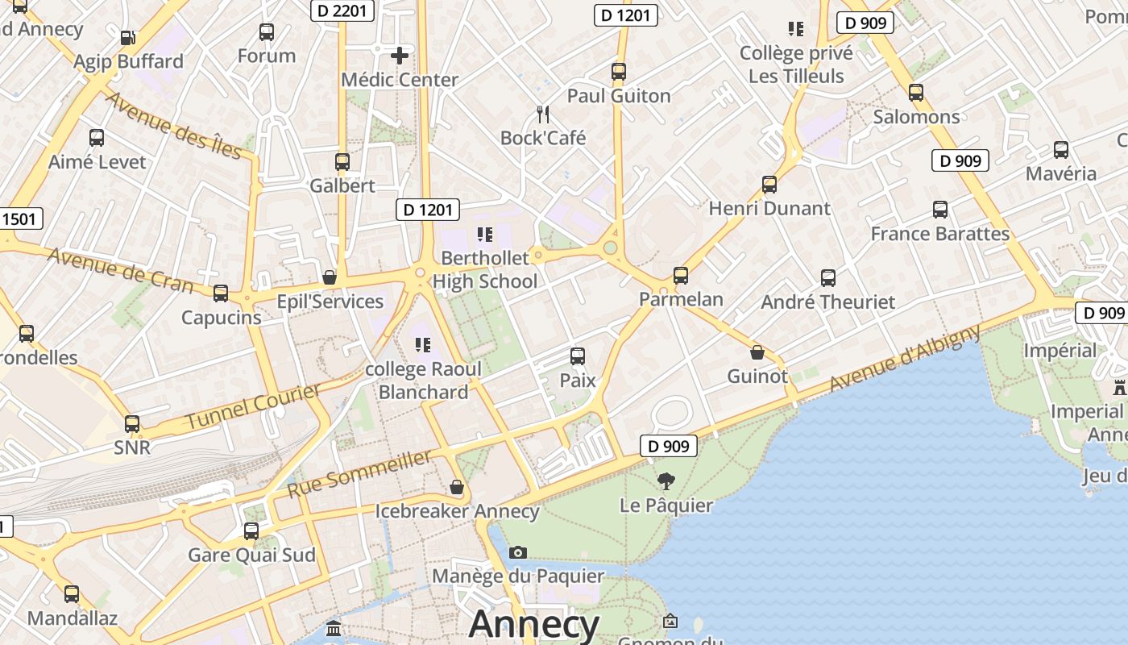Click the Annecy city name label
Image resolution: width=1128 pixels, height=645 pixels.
[x=534, y=625]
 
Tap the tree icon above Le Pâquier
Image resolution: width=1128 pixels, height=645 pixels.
[x=666, y=481]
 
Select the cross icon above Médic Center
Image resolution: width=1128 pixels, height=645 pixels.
[x=399, y=56]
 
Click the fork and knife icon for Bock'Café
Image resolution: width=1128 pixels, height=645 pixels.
[x=543, y=114]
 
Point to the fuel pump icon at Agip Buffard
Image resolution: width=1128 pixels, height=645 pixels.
[x=127, y=37]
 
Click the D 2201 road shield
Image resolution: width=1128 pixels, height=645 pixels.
[x=342, y=10]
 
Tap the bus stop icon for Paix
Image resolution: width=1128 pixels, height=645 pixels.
[x=577, y=356]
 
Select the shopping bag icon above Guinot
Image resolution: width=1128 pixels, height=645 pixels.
[x=757, y=352]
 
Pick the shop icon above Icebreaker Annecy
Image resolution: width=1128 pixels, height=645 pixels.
[x=457, y=487]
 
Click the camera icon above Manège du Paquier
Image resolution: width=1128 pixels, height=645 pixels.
[x=518, y=552]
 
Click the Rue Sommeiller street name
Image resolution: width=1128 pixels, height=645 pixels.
[x=359, y=474]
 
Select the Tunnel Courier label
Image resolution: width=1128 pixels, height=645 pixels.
[x=253, y=407]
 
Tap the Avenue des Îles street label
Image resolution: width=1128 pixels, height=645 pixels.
[x=174, y=125]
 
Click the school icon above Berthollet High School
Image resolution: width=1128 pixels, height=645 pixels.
[x=484, y=235]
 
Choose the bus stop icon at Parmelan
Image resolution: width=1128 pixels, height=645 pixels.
[x=681, y=276]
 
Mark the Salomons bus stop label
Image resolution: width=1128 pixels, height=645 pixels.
[x=916, y=117]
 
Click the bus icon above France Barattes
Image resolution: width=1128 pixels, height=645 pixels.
[x=939, y=210]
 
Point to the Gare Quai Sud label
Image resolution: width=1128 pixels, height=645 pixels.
[x=251, y=556]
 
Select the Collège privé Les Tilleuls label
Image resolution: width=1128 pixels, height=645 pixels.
[x=796, y=64]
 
